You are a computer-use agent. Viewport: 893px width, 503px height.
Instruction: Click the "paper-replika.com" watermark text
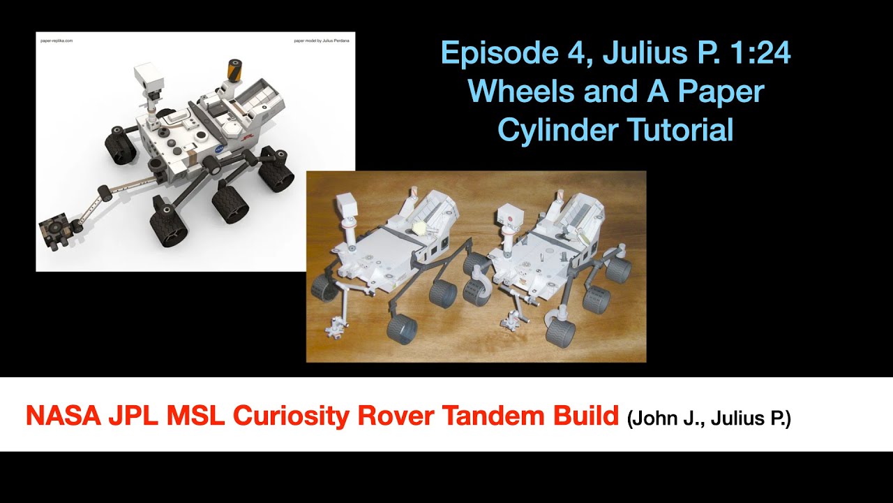tap(57, 41)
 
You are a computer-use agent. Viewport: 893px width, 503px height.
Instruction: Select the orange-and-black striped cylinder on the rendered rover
tap(231, 71)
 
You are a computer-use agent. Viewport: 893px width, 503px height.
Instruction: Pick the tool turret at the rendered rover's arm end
tap(54, 231)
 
